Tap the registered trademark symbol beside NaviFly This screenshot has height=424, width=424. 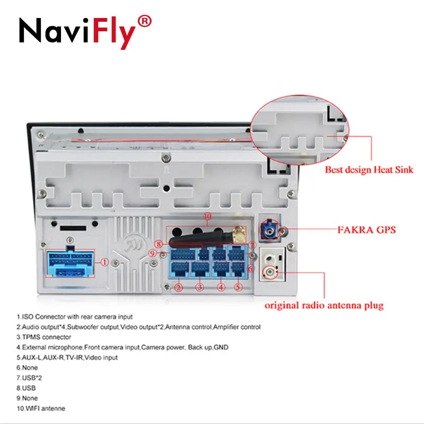[x=145, y=21]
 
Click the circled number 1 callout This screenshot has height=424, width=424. [x=105, y=262]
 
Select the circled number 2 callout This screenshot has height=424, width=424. [x=179, y=288]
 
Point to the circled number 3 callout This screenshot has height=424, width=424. [x=200, y=288]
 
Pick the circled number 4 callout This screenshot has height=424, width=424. [x=220, y=288]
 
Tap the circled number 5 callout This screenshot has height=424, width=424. [x=238, y=288]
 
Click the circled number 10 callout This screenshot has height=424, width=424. [x=207, y=216]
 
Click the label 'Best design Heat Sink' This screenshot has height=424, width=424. [x=369, y=170]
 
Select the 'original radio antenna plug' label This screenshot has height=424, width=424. [x=324, y=305]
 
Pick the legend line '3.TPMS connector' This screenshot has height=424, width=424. [x=43, y=337]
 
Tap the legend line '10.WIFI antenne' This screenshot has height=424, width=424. [x=41, y=408]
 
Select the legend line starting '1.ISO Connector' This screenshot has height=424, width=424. [x=74, y=317]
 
